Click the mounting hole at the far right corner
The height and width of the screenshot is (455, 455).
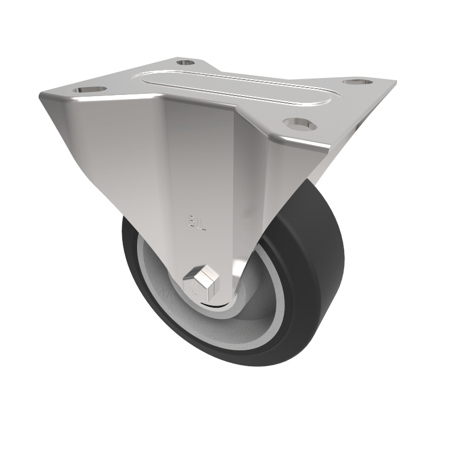[358, 83]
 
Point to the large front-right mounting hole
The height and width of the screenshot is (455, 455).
[297, 123]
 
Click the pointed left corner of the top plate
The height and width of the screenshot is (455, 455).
[41, 94]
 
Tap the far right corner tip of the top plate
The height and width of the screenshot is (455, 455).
[395, 83]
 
